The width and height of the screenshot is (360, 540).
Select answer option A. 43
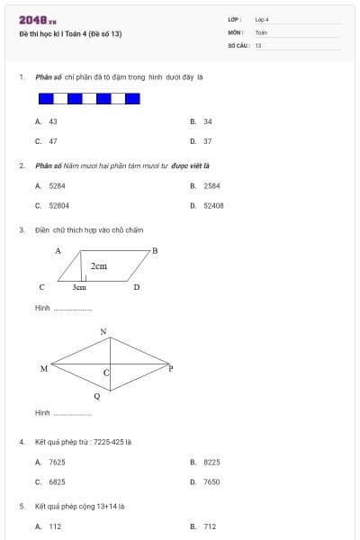[47, 121]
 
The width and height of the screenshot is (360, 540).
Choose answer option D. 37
[202, 141]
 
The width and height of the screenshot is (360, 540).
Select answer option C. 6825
[50, 481]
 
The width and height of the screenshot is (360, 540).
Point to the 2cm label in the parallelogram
[98, 266]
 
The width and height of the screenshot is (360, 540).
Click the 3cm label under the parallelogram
[79, 288]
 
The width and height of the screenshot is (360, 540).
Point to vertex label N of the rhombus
[103, 332]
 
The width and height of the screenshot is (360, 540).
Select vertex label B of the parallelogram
[154, 251]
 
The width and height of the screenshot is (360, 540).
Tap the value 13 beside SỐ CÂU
[257, 44]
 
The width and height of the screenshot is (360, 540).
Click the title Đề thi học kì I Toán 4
[69, 33]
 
